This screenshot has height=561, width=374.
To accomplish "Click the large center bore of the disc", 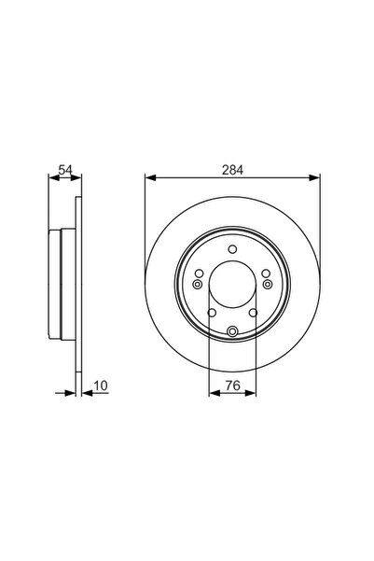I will coord(231,285).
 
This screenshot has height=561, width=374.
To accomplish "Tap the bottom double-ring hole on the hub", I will coord(231,330).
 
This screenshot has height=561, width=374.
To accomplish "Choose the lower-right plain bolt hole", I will coord(253,312).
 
